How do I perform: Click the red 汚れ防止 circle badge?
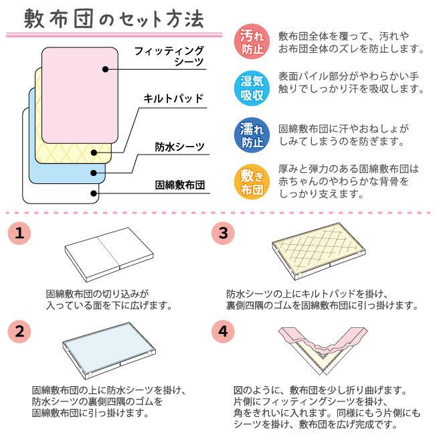[252, 41]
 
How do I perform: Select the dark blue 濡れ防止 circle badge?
[252, 135]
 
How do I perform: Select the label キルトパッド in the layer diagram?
[173, 99]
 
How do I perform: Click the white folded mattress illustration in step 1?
[108, 254]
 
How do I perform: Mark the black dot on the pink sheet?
[105, 68]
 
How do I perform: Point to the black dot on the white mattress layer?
[93, 193]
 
